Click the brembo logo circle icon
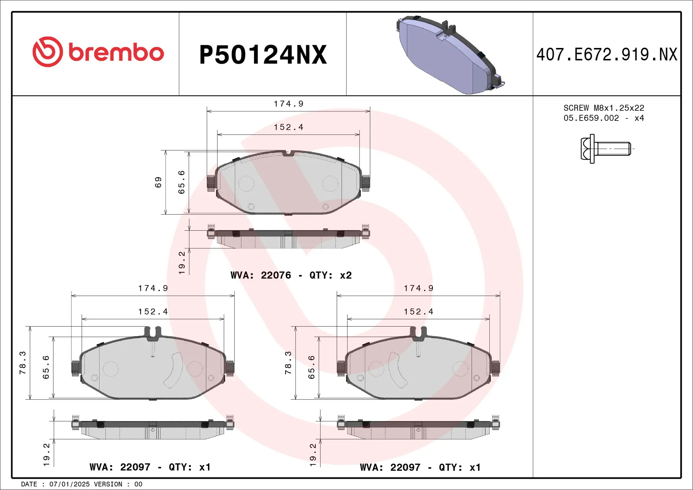click(48, 52)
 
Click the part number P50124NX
click(263, 55)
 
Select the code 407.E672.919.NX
click(606, 55)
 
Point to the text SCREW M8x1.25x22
click(603, 108)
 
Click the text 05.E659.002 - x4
click(603, 118)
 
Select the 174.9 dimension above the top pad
click(288, 104)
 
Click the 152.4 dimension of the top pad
click(288, 127)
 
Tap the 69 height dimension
click(158, 182)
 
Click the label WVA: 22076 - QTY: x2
click(291, 275)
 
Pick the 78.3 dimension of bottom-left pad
click(22, 363)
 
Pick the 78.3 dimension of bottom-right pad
click(288, 363)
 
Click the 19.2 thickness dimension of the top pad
click(182, 263)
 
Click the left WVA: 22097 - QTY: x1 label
click(150, 467)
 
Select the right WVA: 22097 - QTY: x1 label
click(420, 468)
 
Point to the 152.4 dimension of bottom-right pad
click(418, 312)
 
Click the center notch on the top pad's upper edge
click(288, 153)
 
